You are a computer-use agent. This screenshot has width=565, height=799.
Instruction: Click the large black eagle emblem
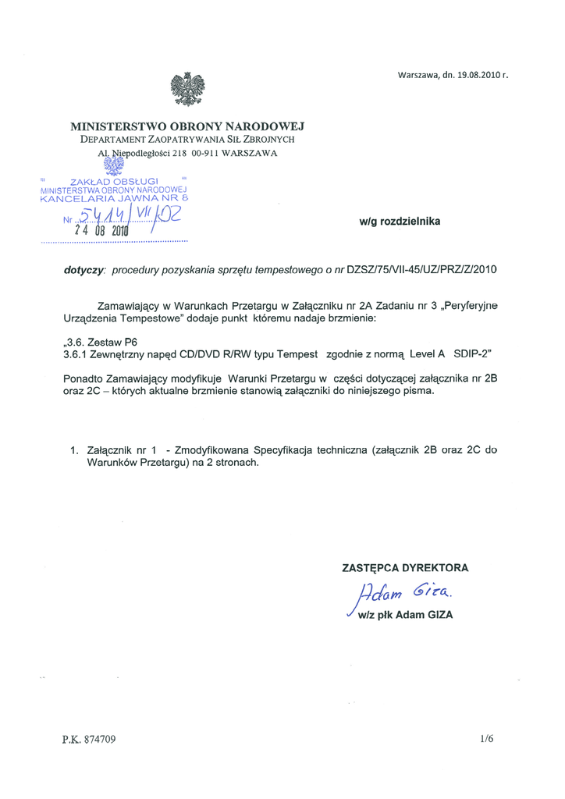click(x=187, y=88)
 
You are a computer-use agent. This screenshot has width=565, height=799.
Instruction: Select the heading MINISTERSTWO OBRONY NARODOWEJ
click(x=187, y=126)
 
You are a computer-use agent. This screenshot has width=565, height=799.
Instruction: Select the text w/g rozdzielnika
click(x=400, y=222)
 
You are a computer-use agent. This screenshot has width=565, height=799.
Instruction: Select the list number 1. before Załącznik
click(x=75, y=450)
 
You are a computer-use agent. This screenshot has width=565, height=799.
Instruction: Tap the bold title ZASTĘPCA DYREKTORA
click(x=405, y=568)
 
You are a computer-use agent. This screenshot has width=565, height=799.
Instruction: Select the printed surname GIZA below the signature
click(x=437, y=615)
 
